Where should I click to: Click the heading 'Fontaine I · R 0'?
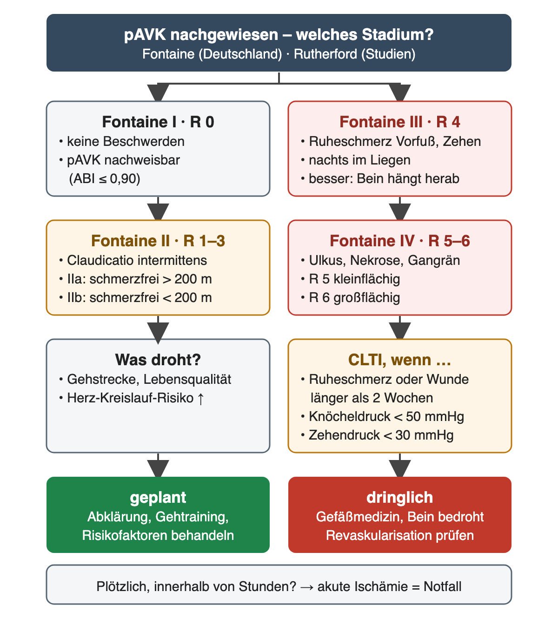(x=158, y=122)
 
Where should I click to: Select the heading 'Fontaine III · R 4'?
(x=400, y=122)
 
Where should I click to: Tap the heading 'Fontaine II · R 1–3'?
(x=158, y=241)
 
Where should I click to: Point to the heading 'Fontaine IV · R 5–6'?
(x=400, y=241)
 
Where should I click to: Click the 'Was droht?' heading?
(x=158, y=360)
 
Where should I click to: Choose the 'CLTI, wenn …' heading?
(x=400, y=360)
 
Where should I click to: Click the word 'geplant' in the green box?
(x=158, y=497)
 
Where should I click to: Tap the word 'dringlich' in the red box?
(x=400, y=497)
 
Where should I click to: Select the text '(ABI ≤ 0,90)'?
(x=105, y=179)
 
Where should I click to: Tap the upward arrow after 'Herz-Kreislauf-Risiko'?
(x=201, y=398)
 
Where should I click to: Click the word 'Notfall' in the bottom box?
(x=442, y=586)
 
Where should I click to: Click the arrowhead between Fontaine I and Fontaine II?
(x=158, y=211)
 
